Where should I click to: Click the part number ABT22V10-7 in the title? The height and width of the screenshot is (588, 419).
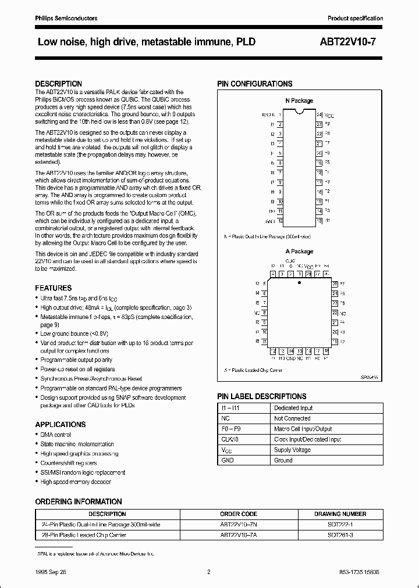[x=351, y=42]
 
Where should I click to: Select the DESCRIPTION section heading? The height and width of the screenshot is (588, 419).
[x=58, y=84]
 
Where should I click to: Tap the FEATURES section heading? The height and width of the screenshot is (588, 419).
[x=54, y=288]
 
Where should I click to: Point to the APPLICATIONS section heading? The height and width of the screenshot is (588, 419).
[x=61, y=425]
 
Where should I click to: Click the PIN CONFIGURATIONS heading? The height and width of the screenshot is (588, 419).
[x=255, y=84]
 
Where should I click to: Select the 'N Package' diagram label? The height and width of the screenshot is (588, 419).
[x=299, y=101]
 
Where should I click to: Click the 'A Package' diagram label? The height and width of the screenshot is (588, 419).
[x=299, y=252]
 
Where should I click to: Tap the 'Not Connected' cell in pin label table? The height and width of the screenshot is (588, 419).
[x=292, y=418]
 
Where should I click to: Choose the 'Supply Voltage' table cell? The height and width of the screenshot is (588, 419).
[x=292, y=450]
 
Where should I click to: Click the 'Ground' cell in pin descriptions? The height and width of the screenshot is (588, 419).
[x=283, y=460]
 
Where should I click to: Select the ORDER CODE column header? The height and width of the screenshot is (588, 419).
[x=239, y=514]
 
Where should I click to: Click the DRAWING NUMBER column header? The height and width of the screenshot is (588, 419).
[x=340, y=514]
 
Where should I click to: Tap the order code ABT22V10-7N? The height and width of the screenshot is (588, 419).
[x=239, y=524]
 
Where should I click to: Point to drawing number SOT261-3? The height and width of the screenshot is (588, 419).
[x=340, y=534]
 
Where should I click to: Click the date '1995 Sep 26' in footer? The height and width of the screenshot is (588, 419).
[x=51, y=573]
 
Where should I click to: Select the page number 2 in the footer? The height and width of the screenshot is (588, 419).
[x=208, y=573]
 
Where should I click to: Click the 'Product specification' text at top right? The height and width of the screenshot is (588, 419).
[x=355, y=19]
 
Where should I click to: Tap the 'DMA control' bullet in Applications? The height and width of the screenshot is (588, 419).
[x=56, y=435]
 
